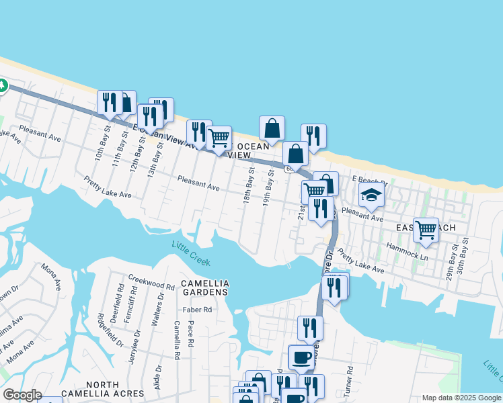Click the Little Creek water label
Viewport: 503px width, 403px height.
coord(191,254)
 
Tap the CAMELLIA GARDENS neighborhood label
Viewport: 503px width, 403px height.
coord(205,288)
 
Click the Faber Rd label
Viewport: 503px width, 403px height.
coord(198,310)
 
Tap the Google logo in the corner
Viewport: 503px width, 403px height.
coord(22,395)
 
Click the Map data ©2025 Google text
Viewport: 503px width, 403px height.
coord(461,398)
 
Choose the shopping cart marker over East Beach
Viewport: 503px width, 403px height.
coord(426,230)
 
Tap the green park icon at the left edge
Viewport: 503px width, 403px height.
coord(2,87)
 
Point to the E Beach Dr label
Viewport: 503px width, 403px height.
coord(370,181)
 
